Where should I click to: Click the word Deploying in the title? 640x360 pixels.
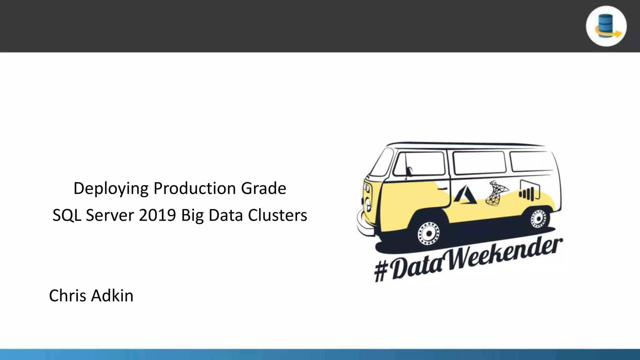pyautogui.click(x=111, y=188)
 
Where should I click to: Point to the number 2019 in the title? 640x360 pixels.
pyautogui.click(x=157, y=215)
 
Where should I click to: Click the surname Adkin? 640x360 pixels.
pyautogui.click(x=112, y=296)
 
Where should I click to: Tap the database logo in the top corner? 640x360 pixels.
pyautogui.click(x=606, y=26)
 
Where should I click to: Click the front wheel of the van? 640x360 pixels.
pyautogui.click(x=429, y=233)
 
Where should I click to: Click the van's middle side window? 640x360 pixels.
pyautogui.click(x=479, y=162)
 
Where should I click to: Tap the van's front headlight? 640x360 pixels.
pyautogui.click(x=368, y=205)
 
